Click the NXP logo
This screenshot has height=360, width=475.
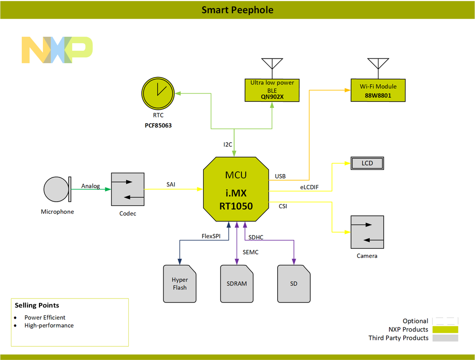tap(57, 49)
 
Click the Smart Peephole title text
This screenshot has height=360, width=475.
tap(237, 10)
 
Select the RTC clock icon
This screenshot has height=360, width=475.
tap(159, 92)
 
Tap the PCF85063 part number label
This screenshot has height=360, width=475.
tap(158, 126)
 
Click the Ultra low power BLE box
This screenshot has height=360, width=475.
tap(272, 90)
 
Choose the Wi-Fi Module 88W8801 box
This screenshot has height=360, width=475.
tap(378, 90)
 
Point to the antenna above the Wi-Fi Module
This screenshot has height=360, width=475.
tap(378, 65)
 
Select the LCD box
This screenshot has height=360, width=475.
tap(367, 164)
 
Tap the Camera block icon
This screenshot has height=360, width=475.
tap(367, 232)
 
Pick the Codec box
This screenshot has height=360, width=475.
tap(127, 189)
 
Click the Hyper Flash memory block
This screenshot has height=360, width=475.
tap(180, 284)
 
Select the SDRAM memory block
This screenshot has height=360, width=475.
tap(237, 284)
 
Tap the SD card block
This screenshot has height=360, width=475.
tap(294, 284)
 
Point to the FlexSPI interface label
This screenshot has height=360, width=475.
tap(211, 236)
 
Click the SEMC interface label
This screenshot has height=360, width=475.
tap(251, 252)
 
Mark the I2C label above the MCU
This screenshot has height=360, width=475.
tap(229, 144)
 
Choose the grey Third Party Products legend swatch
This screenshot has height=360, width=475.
tap(445, 338)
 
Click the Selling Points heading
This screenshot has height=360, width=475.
tap(37, 305)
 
